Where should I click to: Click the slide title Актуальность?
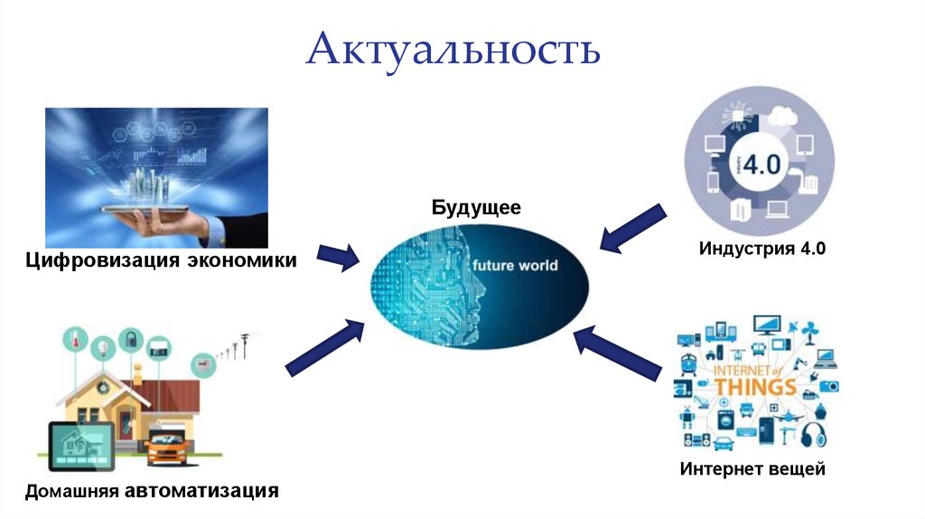[453, 51]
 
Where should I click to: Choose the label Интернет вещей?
[752, 469]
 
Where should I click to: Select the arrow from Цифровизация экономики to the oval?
[340, 257]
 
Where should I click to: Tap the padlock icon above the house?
[131, 340]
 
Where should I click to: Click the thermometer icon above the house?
[72, 341]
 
